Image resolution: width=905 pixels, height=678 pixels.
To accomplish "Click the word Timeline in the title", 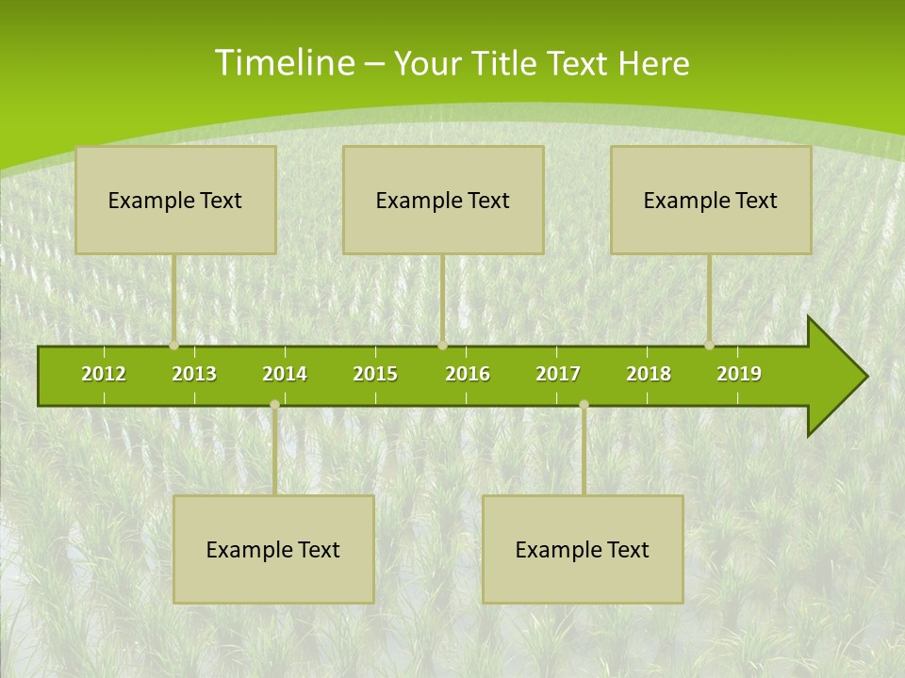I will click(284, 62).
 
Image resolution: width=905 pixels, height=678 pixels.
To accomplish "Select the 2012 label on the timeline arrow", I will click(104, 374).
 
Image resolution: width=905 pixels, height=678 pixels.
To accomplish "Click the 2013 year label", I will click(194, 374).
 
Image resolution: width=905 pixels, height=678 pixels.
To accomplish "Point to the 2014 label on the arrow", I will click(285, 374).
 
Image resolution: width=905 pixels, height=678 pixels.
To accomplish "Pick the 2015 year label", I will click(375, 374).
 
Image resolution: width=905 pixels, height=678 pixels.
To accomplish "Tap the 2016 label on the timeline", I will click(468, 374).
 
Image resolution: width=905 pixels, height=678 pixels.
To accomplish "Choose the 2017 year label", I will click(558, 374).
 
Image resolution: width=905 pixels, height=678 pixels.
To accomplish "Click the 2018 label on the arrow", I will click(649, 374).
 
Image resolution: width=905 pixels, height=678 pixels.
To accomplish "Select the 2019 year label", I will click(739, 374).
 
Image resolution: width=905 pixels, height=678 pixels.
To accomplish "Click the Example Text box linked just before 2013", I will click(175, 200).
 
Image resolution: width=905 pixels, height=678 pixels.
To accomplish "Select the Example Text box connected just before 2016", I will click(443, 200).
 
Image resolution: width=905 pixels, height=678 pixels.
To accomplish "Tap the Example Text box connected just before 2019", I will click(711, 200).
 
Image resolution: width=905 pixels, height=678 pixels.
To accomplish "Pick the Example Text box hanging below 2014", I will click(273, 549).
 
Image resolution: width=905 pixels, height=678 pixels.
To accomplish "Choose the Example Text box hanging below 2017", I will click(583, 549).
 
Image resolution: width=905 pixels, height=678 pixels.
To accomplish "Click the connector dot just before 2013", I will click(174, 346).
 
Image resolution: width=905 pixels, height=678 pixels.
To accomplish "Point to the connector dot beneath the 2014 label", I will click(274, 404).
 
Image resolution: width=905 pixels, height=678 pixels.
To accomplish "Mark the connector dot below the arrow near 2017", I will click(584, 404).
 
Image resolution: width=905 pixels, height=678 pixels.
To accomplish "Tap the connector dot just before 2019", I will click(710, 346).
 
